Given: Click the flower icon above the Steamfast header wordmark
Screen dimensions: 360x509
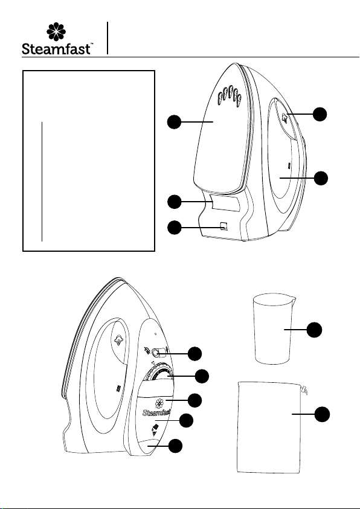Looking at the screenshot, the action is click(56, 32).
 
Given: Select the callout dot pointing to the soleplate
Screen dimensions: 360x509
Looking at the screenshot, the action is click(174, 122).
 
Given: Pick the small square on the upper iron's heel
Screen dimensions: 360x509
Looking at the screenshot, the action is click(224, 226).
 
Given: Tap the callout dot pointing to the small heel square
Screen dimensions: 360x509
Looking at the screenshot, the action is click(174, 228).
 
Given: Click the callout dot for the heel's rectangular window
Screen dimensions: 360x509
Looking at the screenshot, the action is click(174, 202).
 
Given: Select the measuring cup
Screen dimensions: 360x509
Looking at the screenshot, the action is click(274, 329).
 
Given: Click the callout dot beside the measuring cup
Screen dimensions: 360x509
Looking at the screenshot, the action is click(315, 330).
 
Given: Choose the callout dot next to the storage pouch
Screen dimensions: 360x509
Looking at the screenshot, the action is click(322, 415).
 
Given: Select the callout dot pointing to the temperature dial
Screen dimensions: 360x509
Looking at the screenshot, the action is click(202, 376).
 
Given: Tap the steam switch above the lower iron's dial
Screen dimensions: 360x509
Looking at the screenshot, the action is click(157, 352).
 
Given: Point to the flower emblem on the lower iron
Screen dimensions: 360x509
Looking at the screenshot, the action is click(159, 403).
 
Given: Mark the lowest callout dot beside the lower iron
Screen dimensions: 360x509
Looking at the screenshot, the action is click(175, 446).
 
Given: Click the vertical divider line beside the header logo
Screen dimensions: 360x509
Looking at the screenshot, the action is click(107, 38).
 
